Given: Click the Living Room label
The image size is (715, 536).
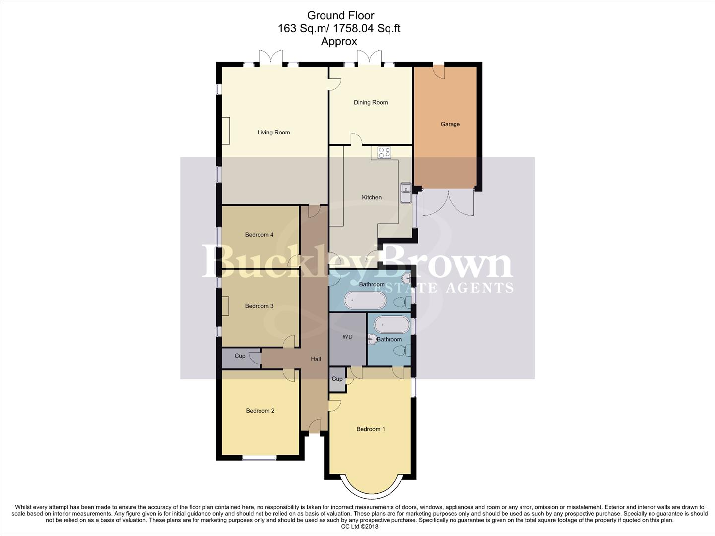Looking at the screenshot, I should click(x=273, y=133).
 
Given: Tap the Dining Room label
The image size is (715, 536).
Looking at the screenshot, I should click(x=371, y=103).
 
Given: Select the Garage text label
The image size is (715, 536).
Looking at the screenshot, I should click(x=450, y=124).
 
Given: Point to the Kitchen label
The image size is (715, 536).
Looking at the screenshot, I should click(x=372, y=198).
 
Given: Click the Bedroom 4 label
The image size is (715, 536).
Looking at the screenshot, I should click(x=259, y=235).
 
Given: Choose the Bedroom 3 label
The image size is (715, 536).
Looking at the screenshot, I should click(x=259, y=306).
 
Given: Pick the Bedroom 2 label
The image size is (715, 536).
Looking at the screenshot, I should click(x=260, y=411).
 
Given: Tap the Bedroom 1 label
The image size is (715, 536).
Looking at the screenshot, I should click(x=371, y=429).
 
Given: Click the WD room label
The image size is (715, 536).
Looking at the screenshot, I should click(x=347, y=337).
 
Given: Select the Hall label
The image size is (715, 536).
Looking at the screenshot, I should click(x=316, y=359).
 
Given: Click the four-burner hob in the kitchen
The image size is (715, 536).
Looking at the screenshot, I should click(x=384, y=153).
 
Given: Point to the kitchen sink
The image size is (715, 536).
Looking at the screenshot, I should click(x=406, y=193).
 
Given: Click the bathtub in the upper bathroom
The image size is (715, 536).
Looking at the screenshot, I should click(x=365, y=300).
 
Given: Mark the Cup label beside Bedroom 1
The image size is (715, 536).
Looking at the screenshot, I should click(x=337, y=379).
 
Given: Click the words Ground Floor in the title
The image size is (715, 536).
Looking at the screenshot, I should click(x=340, y=16).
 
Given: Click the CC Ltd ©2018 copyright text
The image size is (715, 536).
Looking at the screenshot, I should click(x=357, y=527).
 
